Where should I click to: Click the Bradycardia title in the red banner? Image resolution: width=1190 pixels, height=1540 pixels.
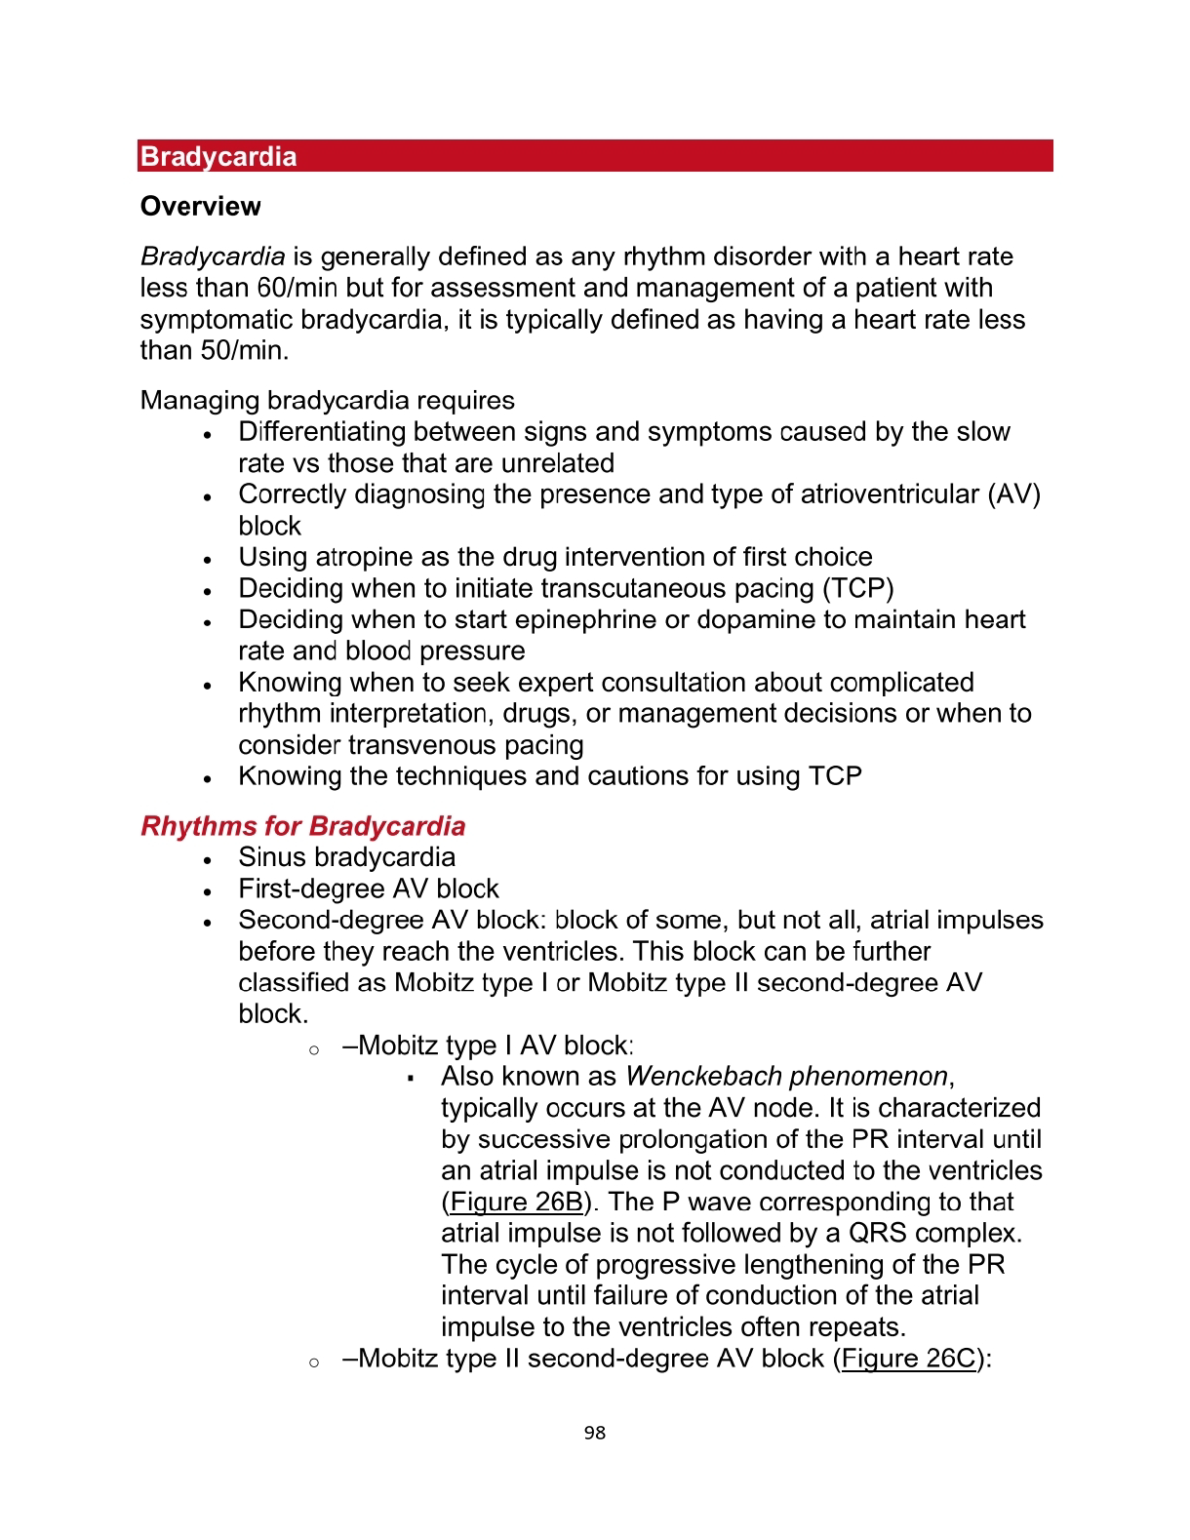218,157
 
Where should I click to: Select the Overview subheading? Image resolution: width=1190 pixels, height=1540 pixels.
201,207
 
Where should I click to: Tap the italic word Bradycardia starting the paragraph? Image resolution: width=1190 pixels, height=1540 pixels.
213,257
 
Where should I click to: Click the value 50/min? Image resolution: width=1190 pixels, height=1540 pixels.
244,350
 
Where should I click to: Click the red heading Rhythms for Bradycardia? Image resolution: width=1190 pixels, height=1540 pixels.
303,826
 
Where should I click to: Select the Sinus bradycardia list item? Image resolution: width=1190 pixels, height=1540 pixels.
346,857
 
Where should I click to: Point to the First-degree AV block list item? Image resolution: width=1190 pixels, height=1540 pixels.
369,888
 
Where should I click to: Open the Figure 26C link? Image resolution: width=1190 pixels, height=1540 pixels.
908,1359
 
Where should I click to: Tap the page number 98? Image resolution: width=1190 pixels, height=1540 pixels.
595,1433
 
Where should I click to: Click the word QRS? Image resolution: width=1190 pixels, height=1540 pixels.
877,1233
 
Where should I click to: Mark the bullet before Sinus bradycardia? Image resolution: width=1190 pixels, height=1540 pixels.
208,860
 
